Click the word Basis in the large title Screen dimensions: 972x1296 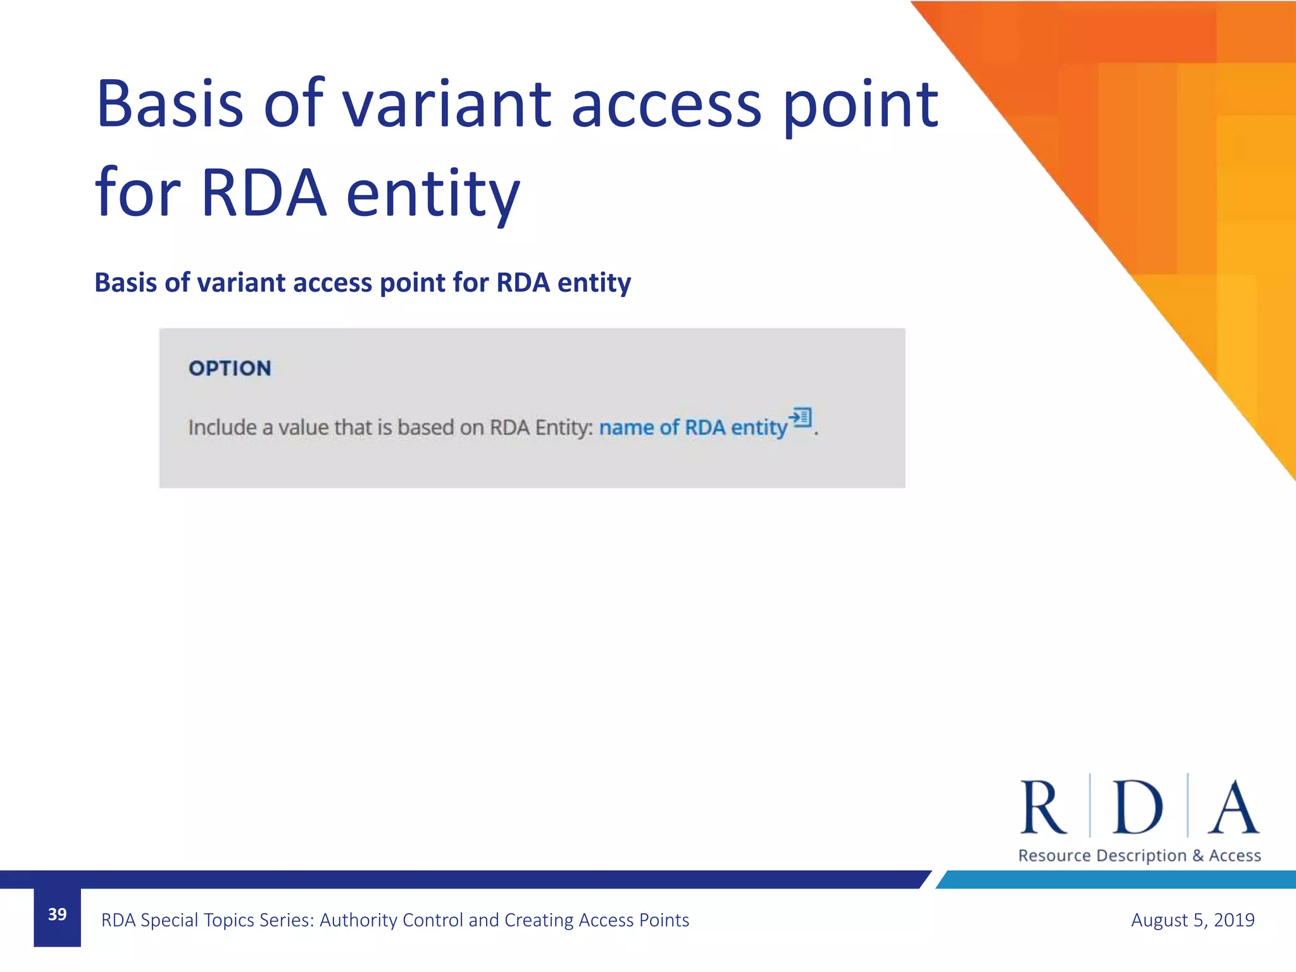[170, 104]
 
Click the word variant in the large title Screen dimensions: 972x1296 [447, 104]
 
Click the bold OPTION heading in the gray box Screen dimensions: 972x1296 [230, 368]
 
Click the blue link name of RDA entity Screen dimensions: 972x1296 [693, 428]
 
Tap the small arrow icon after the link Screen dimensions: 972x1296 [801, 417]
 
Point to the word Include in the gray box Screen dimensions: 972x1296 [222, 428]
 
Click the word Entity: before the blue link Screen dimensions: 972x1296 [564, 428]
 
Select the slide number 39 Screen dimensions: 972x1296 [57, 914]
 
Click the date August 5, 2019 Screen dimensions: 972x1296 [1192, 919]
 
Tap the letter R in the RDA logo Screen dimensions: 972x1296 [1042, 807]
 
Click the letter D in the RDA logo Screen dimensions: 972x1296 [1137, 807]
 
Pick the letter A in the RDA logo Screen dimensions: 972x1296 [1233, 807]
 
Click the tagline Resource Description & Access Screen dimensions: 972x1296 [1139, 856]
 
